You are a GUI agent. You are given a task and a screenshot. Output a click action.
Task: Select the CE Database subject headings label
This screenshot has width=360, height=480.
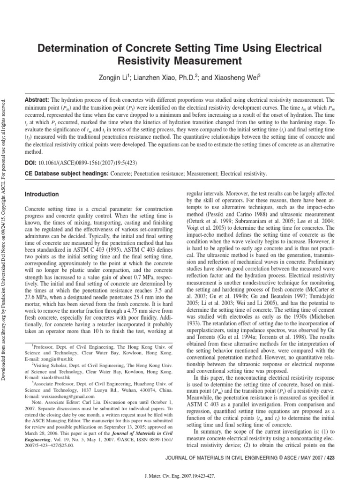coord(66,174)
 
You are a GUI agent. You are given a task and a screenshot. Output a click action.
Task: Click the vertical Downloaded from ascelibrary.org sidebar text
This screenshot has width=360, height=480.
coord(5,197)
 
